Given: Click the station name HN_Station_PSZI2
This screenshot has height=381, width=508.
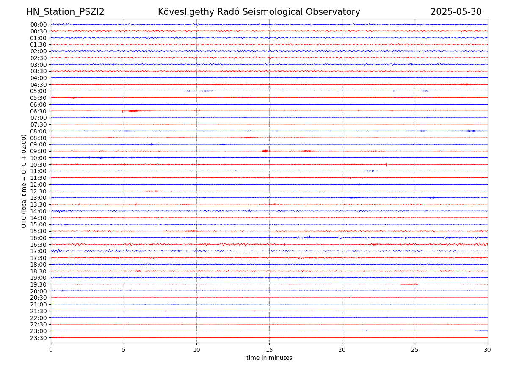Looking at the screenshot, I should coord(65,12).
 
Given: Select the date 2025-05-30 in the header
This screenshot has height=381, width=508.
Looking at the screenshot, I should coord(456,12).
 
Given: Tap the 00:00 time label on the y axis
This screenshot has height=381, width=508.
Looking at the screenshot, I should coord(39,25).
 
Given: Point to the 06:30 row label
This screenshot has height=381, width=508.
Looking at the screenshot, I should coord(39,111).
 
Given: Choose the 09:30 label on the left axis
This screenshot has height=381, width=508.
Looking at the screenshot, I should coord(39,151).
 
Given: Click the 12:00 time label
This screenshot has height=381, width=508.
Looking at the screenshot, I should coord(39,185).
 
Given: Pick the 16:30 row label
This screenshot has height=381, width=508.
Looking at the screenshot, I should coord(39,245).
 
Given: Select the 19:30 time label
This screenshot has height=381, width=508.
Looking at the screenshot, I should coord(39,284).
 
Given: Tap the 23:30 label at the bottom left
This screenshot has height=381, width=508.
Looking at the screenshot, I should coord(39,338).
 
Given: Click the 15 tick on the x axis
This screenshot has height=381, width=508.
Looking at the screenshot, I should coord(269,350).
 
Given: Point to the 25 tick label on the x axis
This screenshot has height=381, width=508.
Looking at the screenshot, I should coord(415,350).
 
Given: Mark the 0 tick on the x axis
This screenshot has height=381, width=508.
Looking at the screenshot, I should coord(51,350).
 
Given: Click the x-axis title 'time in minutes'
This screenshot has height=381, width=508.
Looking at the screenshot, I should coord(269,358).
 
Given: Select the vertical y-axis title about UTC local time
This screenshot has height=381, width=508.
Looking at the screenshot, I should coord(24,181).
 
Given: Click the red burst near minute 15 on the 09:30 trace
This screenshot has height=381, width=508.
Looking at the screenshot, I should coord(265,151).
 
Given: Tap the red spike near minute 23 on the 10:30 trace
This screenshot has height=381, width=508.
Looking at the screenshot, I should coord(386,164).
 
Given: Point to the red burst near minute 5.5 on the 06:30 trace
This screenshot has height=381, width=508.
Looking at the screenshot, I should coord(133,111).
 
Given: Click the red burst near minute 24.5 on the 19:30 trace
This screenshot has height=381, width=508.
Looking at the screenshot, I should coord(409,284).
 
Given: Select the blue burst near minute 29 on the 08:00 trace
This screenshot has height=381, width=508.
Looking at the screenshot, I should coord(473,131).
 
